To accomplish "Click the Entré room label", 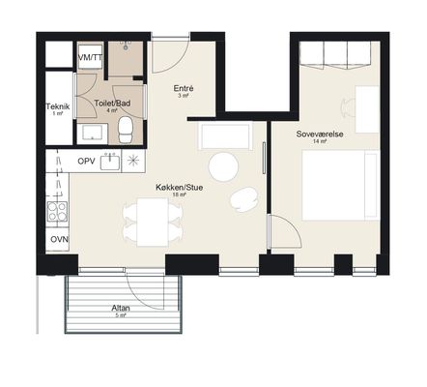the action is point(184,88).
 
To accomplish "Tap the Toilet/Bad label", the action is point(112,104).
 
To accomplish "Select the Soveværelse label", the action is point(320,134).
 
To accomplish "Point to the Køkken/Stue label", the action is point(180,187).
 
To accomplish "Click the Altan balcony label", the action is point(121,308).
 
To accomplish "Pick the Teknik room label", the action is point(58,106).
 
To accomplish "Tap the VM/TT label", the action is point(90,57).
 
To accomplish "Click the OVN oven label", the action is point(59,239).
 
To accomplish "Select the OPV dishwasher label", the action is point(86,161).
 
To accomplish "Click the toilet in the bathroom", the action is point(126,130).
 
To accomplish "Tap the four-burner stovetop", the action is point(57,211).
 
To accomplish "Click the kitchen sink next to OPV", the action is point(110,162).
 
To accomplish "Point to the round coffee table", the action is point(223,167).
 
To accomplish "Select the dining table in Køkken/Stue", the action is point(153,223).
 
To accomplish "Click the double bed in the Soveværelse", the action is point(341,186).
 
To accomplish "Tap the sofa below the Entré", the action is point(225,135).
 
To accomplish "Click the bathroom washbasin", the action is point(92,134).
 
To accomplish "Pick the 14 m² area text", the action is point(320,141).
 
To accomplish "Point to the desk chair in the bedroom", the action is point(348,105).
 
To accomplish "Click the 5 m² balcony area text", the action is point(121,315).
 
